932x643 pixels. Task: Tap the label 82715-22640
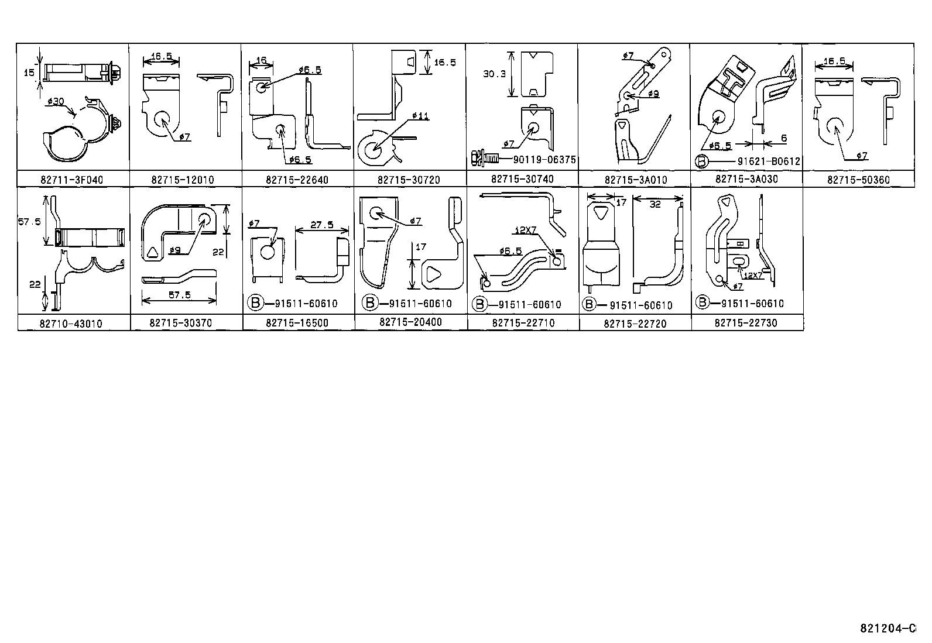(297, 180)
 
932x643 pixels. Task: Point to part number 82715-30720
(409, 180)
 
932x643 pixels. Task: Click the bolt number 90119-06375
(537, 160)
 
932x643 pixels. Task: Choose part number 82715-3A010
(635, 180)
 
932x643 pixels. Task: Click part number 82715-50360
(858, 180)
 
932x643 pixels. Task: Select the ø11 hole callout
(420, 116)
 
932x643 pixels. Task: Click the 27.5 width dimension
(322, 225)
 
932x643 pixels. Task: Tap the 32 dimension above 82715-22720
(655, 204)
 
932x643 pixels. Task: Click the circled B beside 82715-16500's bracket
(255, 303)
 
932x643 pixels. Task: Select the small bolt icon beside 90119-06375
(482, 159)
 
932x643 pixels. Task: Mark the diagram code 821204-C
(886, 628)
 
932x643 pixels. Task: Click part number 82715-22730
(746, 323)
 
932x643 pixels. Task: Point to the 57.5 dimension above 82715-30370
(180, 295)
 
